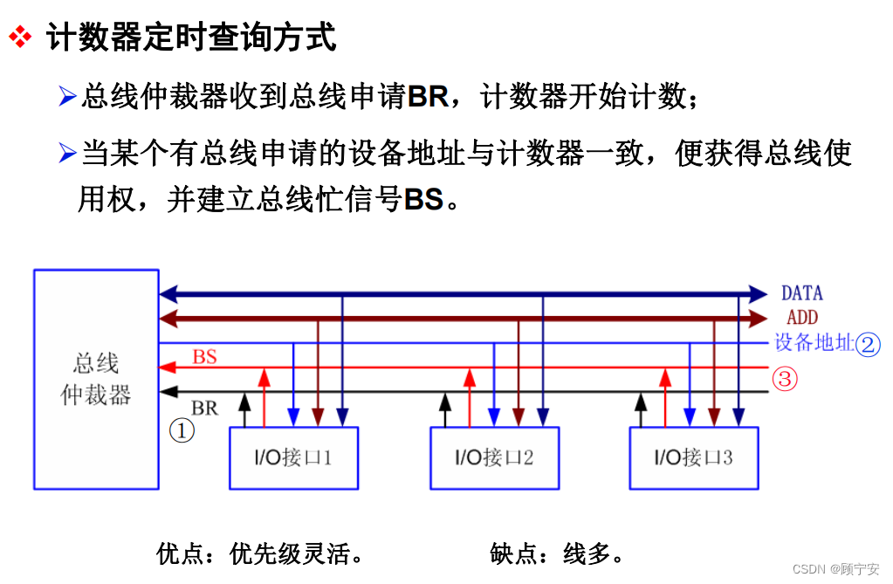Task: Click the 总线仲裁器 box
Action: tap(96, 379)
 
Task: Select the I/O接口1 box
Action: tap(293, 457)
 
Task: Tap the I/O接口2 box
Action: tap(494, 457)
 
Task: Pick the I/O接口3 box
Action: tap(693, 457)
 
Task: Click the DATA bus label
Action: tap(801, 293)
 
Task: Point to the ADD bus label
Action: tap(801, 318)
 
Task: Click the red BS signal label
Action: tap(204, 356)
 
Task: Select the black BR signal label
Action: tap(204, 408)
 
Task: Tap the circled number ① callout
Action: tap(181, 430)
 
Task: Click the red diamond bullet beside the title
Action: tap(19, 38)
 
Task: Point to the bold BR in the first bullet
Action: tap(428, 97)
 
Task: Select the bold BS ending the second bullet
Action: tap(424, 200)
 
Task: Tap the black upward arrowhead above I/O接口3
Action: tap(641, 401)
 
